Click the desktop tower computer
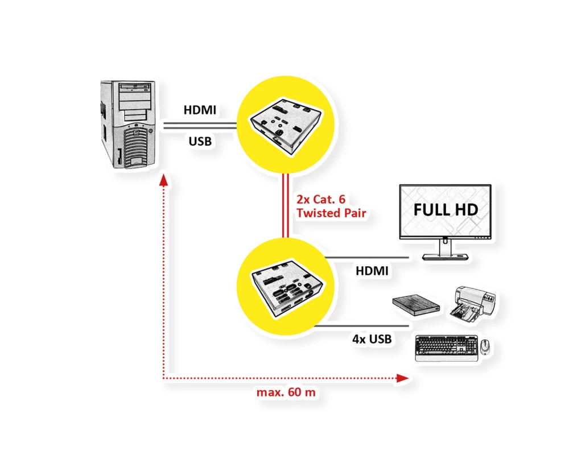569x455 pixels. coord(127,125)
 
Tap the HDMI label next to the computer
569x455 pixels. coord(200,110)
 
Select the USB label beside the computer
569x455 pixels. coord(200,141)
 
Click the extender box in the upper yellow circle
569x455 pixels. coord(286,126)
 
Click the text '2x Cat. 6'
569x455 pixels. coord(321,199)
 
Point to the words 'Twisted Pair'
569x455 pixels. coord(331,213)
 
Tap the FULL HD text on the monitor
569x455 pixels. coord(446,210)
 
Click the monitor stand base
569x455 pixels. coord(446,257)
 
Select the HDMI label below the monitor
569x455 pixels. coord(372,271)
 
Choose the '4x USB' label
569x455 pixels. coord(372,339)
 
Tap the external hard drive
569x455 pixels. coord(417,304)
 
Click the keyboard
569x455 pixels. coord(447,348)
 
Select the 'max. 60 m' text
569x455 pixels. coord(286,392)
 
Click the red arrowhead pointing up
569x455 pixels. coord(164,180)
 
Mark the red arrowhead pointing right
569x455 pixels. coord(402,378)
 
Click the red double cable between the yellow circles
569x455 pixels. coord(286,206)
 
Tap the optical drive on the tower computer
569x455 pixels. coord(135,87)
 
